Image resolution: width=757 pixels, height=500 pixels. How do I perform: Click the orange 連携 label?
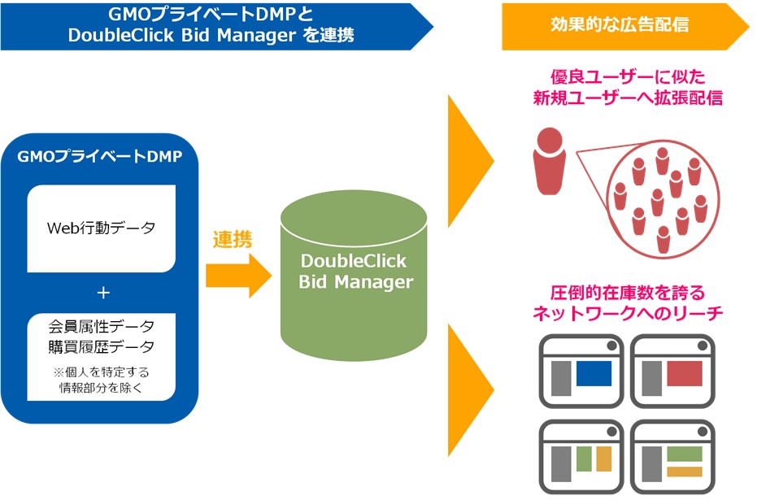[233, 240]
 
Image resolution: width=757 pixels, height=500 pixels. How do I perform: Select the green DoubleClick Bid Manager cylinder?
[353, 272]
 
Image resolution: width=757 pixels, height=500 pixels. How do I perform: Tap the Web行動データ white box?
[101, 228]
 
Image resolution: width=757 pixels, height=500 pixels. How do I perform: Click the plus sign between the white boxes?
[102, 293]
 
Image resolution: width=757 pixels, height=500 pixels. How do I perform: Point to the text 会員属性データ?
[102, 327]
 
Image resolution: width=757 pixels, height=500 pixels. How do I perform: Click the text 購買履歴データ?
[102, 348]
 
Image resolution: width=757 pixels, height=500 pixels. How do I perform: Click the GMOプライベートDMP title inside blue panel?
[100, 157]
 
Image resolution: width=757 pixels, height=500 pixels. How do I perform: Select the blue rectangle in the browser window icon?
[593, 374]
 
